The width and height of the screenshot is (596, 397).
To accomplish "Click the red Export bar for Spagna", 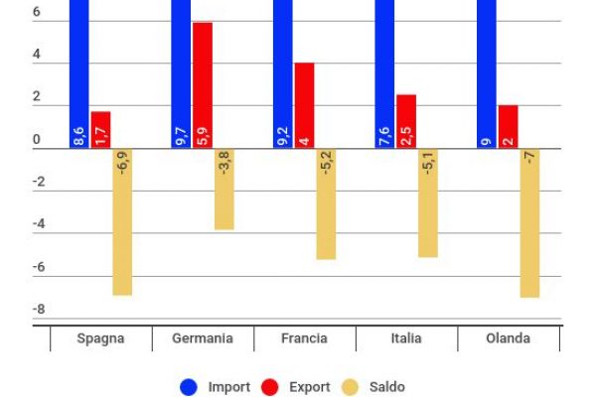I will [100, 130].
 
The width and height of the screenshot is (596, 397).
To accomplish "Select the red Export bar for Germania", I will [203, 85].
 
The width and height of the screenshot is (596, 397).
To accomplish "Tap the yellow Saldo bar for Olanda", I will [529, 223].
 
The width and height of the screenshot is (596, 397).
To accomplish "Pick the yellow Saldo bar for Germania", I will [224, 190].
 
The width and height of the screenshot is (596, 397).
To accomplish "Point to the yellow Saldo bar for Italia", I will [428, 203].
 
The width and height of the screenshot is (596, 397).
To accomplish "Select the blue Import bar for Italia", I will [384, 74].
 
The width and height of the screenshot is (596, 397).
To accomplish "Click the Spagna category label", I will [101, 338].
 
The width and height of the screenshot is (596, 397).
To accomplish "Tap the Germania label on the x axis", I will [203, 338].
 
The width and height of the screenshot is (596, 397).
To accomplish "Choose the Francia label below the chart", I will [305, 338].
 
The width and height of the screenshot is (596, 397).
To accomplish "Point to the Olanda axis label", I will [508, 338].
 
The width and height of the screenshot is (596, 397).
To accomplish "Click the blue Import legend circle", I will [189, 387].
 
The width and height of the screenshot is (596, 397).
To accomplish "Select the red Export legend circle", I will [269, 387].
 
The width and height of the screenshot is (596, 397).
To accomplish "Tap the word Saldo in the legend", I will [387, 387].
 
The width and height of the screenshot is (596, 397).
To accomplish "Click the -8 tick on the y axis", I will [39, 310].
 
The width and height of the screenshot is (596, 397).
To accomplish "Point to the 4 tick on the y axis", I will [37, 56].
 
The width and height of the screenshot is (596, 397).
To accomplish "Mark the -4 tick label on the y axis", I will [39, 225].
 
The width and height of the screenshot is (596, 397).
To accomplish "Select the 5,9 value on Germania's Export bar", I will [203, 134].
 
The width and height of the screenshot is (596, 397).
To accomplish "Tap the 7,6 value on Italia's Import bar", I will [384, 134].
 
